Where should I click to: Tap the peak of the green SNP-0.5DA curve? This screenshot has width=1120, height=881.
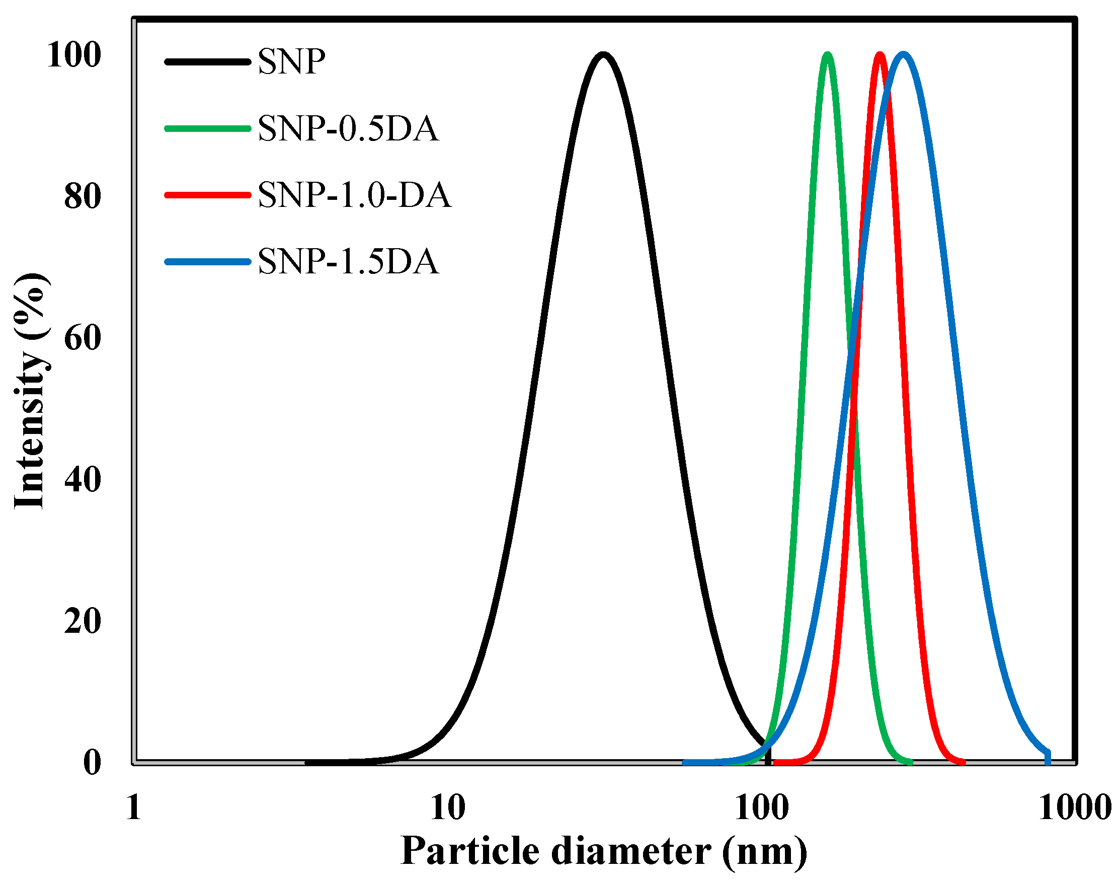click(827, 55)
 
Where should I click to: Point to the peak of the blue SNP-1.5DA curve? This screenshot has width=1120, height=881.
click(903, 55)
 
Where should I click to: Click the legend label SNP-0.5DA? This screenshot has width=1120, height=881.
click(348, 128)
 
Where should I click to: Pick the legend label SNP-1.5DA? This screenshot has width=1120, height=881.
click(348, 261)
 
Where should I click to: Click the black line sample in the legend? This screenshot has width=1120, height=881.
click(208, 62)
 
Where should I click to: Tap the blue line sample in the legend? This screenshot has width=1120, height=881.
click(208, 262)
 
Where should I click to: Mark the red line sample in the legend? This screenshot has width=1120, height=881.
click(208, 195)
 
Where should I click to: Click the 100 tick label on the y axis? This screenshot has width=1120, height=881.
click(73, 55)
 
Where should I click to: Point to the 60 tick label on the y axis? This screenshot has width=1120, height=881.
click(82, 338)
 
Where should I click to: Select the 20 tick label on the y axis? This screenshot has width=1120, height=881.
click(82, 621)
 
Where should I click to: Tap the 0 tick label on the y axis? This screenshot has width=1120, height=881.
click(92, 762)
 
